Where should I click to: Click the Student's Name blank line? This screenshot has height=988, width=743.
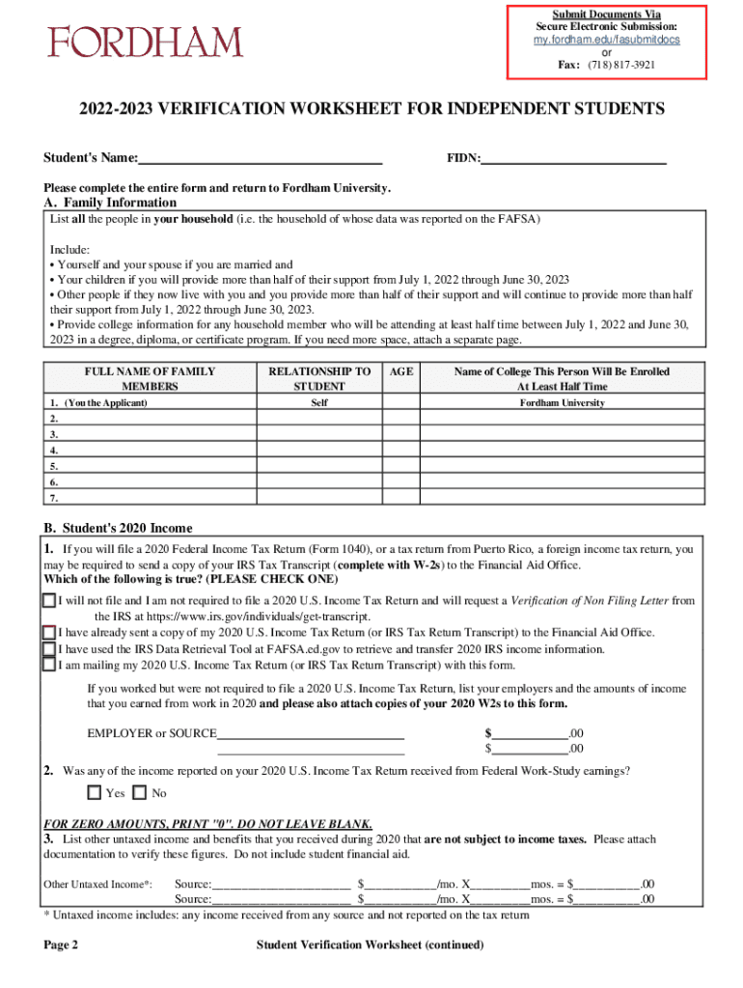pos(261,156)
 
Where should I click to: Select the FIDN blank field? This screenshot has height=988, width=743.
pos(574,156)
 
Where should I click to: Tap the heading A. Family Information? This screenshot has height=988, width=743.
pos(110,203)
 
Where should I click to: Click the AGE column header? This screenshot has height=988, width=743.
pos(400,371)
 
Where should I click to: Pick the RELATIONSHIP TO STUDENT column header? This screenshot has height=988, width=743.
pos(318,378)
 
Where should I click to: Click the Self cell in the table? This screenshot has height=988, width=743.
pos(318,402)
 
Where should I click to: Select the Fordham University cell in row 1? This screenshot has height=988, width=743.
pos(562,402)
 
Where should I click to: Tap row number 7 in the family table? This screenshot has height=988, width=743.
pos(54,498)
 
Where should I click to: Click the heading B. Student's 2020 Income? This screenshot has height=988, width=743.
pos(118,528)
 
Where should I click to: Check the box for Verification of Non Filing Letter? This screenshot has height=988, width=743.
pos(49,600)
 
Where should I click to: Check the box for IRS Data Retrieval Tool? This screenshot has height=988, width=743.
pos(49,648)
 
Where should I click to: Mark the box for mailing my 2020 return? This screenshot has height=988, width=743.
pos(49,664)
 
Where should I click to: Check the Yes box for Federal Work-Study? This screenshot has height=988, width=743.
pos(94,793)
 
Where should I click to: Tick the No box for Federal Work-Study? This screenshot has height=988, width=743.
pos(139,793)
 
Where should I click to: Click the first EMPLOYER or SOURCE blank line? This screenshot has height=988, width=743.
pos(311,733)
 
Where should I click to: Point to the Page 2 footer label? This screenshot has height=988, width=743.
pos(61,945)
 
